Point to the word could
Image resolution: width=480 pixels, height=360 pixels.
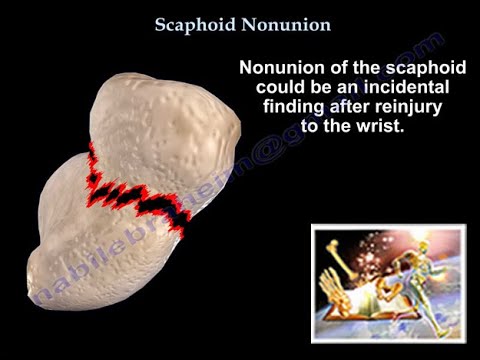[269, 90]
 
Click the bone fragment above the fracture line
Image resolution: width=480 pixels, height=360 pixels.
[165, 130]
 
